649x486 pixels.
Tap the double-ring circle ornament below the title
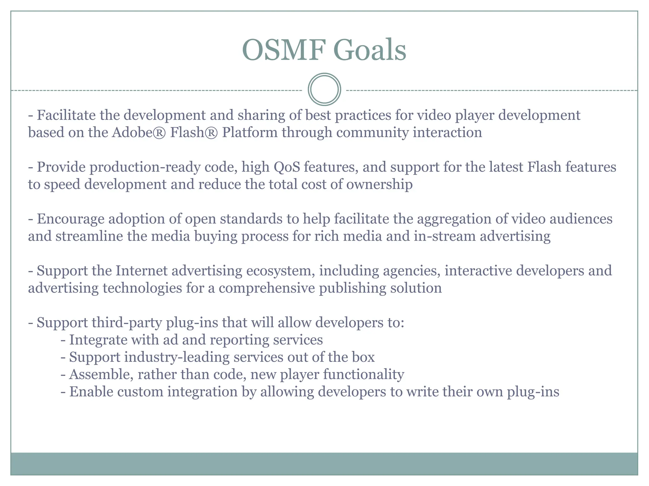click(324, 89)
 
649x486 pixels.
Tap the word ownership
click(379, 184)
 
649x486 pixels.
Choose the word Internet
click(141, 271)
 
